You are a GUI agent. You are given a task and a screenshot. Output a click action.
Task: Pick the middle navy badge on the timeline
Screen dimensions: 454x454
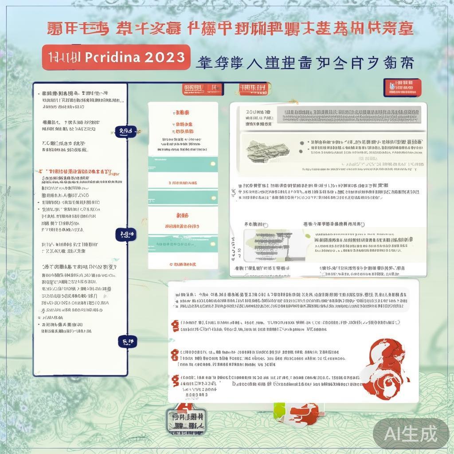tap(125, 235)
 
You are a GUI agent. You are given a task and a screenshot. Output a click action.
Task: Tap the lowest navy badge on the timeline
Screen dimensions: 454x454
tap(127, 341)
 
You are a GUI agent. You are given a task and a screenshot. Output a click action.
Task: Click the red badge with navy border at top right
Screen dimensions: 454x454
tap(402, 87)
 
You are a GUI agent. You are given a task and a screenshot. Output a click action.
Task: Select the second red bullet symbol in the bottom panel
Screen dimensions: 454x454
tap(175, 354)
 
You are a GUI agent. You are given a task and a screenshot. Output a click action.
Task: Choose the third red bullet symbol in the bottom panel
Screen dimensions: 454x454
tap(175, 380)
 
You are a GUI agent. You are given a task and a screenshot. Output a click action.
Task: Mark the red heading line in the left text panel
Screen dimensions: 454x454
tap(75, 172)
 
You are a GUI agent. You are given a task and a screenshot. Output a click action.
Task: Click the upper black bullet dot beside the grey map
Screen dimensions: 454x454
tap(302, 143)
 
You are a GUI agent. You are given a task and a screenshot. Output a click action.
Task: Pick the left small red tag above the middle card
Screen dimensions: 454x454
tap(193, 89)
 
